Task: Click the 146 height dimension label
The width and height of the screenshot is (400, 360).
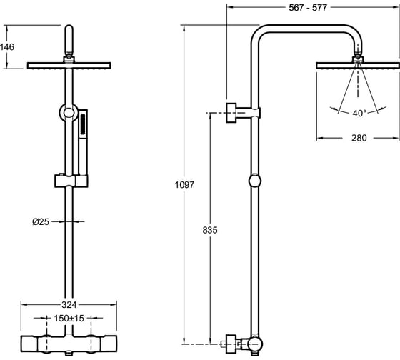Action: click(x=7, y=47)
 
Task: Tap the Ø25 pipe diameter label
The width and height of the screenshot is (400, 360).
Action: click(x=41, y=221)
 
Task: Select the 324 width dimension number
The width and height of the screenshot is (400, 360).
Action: click(x=69, y=304)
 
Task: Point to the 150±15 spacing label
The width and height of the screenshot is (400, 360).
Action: click(x=69, y=318)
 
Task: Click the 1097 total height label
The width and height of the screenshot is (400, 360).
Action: click(x=184, y=185)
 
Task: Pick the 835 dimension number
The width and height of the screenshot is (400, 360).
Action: click(x=210, y=230)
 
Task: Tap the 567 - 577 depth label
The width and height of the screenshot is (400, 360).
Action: click(x=308, y=8)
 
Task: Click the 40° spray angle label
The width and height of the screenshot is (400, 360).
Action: click(x=359, y=113)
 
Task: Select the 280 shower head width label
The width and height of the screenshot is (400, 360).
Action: click(x=359, y=138)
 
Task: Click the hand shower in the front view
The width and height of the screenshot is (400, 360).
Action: click(x=83, y=142)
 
